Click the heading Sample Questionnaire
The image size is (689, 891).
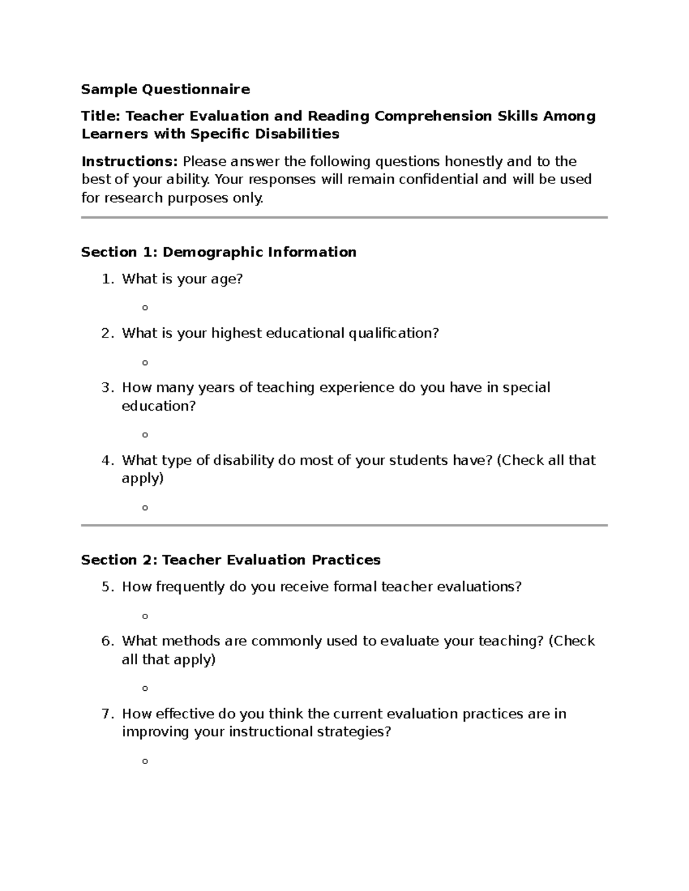click(165, 89)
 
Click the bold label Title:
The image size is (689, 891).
click(101, 116)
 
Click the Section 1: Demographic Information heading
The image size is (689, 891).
click(219, 252)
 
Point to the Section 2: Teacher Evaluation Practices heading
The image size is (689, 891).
click(231, 559)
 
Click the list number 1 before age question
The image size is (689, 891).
click(106, 279)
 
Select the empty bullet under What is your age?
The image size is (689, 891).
click(145, 308)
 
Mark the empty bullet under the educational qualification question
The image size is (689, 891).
click(145, 363)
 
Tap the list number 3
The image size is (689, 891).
click(106, 388)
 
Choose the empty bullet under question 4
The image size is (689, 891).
click(145, 508)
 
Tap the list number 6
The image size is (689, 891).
click(106, 641)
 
